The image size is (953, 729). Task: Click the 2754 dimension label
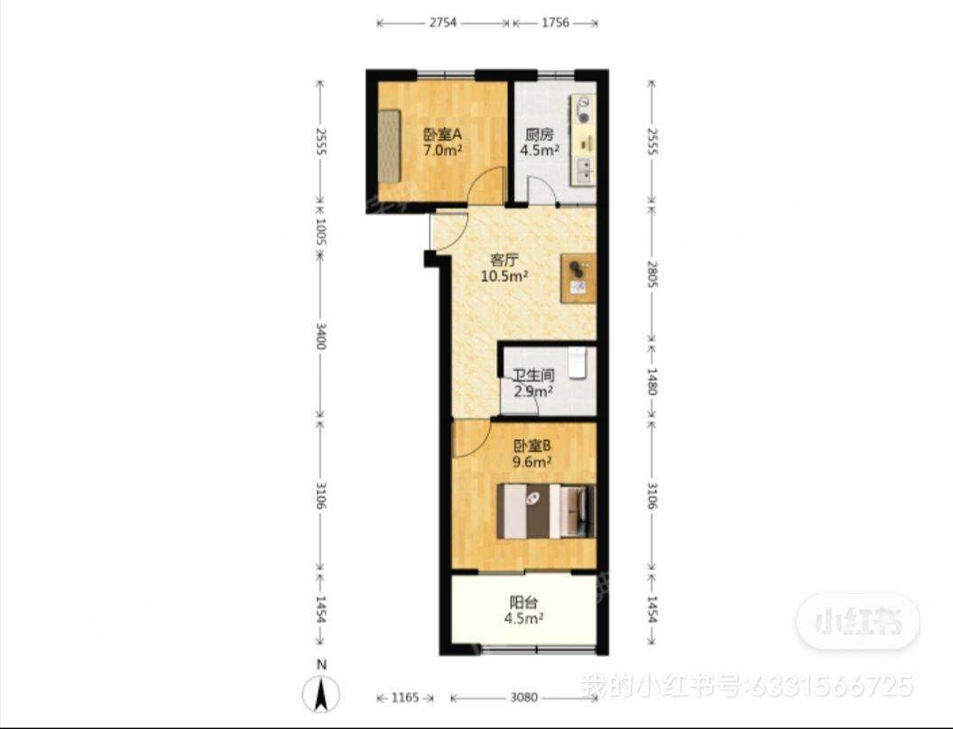442,23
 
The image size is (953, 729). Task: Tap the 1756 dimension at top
555,23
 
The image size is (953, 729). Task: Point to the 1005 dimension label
321,232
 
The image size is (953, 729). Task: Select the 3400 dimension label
321,336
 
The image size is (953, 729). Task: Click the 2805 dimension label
652,274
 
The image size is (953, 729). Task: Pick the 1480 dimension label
652,381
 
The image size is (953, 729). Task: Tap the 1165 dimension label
405,698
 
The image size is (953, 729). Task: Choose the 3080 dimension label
523,698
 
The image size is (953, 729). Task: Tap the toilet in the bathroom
578,363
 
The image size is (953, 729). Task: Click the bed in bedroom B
545,512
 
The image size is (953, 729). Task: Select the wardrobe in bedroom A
390,146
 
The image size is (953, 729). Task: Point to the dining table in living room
578,278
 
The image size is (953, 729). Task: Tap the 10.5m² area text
504,277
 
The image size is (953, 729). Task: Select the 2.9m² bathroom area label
533,392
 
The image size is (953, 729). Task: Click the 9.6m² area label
532,462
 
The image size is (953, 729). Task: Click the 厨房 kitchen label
539,134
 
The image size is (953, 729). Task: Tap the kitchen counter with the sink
584,141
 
